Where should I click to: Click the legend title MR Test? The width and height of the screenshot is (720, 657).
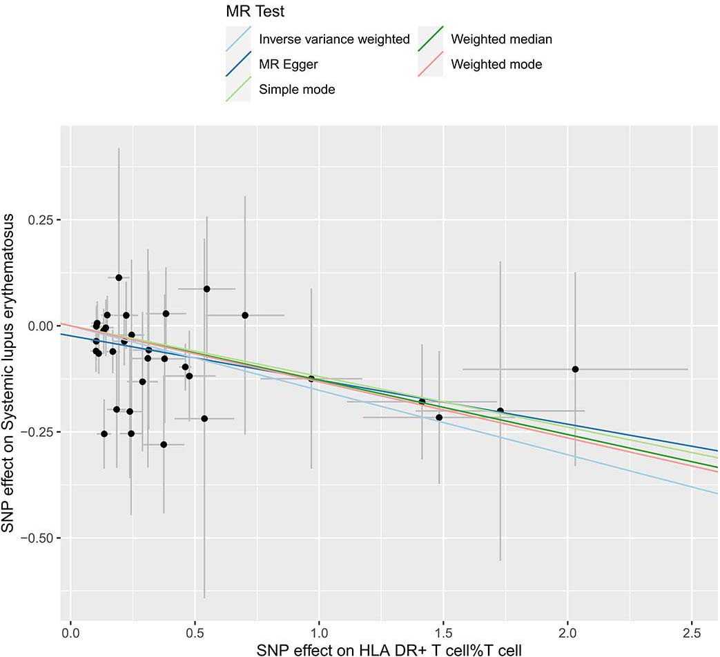255,12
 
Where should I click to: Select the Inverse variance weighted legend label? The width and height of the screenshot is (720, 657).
334,39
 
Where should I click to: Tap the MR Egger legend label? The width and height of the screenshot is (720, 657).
288,64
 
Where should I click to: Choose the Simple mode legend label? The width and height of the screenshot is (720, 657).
297,89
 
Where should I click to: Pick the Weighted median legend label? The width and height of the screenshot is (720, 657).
501,39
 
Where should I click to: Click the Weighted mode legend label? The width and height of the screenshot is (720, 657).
496,64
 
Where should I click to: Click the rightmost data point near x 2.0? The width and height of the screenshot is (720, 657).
575,369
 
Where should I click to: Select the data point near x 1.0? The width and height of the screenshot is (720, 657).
311,379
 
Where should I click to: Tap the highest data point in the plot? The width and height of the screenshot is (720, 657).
119,277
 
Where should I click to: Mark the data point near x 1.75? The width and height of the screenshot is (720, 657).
500,411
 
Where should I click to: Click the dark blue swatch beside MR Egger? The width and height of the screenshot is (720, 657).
238,64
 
